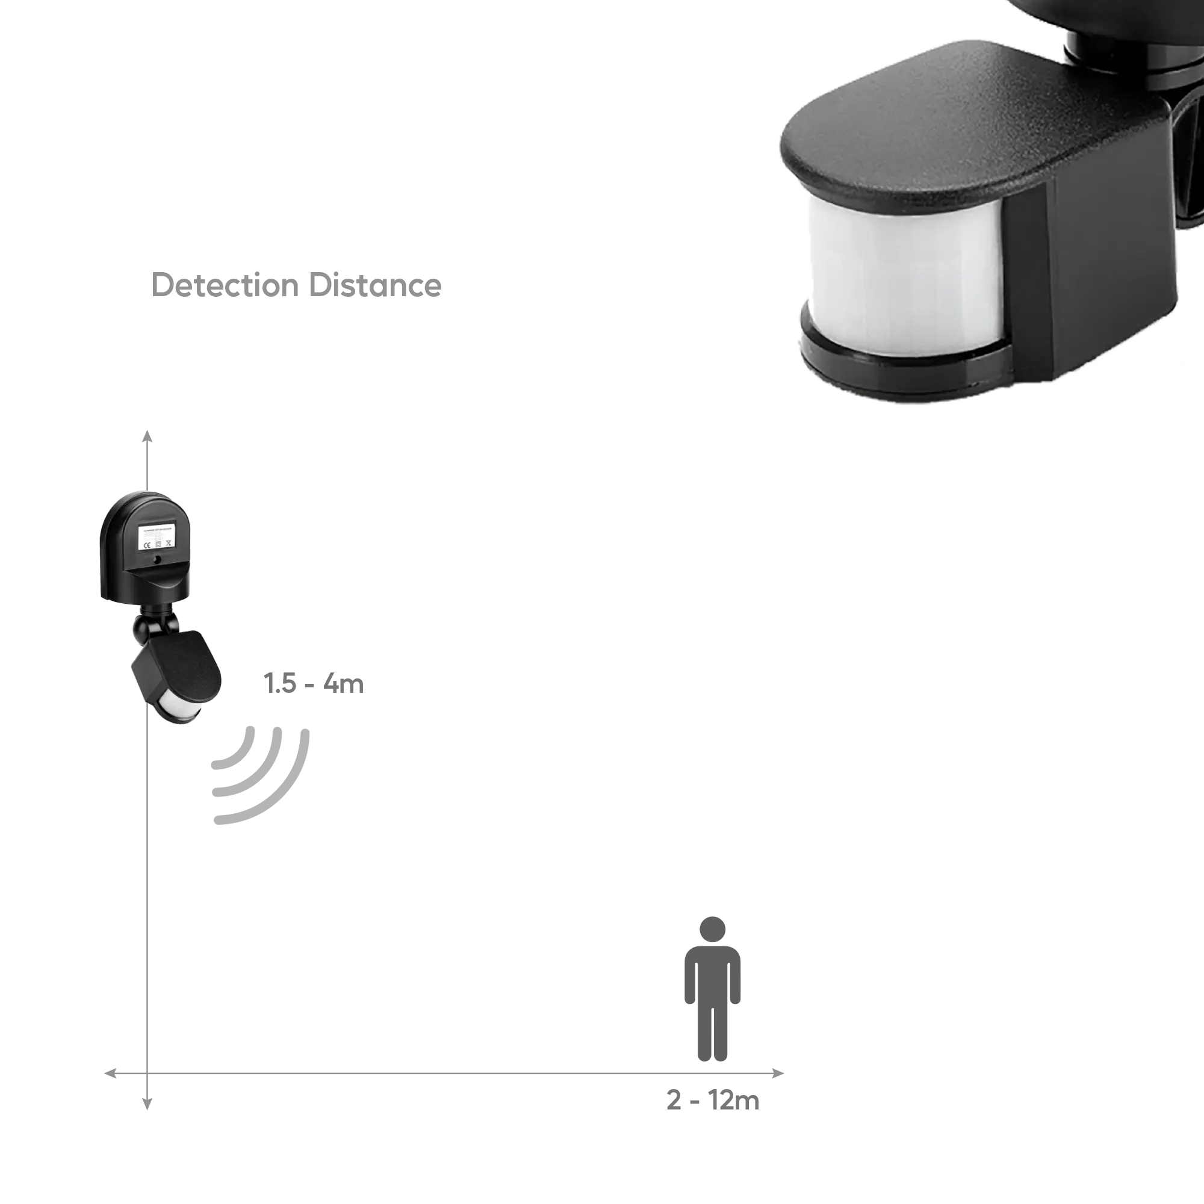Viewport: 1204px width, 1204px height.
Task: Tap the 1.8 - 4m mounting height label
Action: (x=314, y=683)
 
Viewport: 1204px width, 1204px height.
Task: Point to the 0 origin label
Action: (x=146, y=1102)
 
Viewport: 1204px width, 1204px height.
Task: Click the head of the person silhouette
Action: (x=713, y=928)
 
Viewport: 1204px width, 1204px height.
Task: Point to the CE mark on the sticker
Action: (x=146, y=545)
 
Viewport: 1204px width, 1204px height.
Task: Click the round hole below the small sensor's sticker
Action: (x=157, y=560)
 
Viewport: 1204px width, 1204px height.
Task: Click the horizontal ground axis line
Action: (x=436, y=1073)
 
